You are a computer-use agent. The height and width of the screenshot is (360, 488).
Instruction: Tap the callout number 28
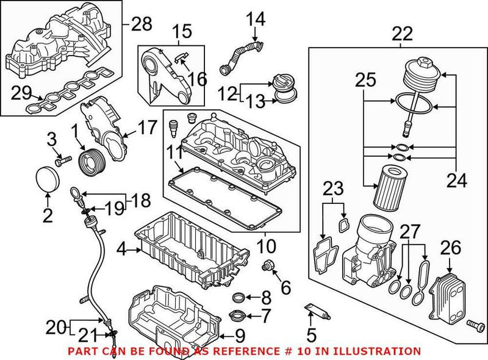coord(142,24)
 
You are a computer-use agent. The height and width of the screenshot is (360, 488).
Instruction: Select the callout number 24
coord(456,181)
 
